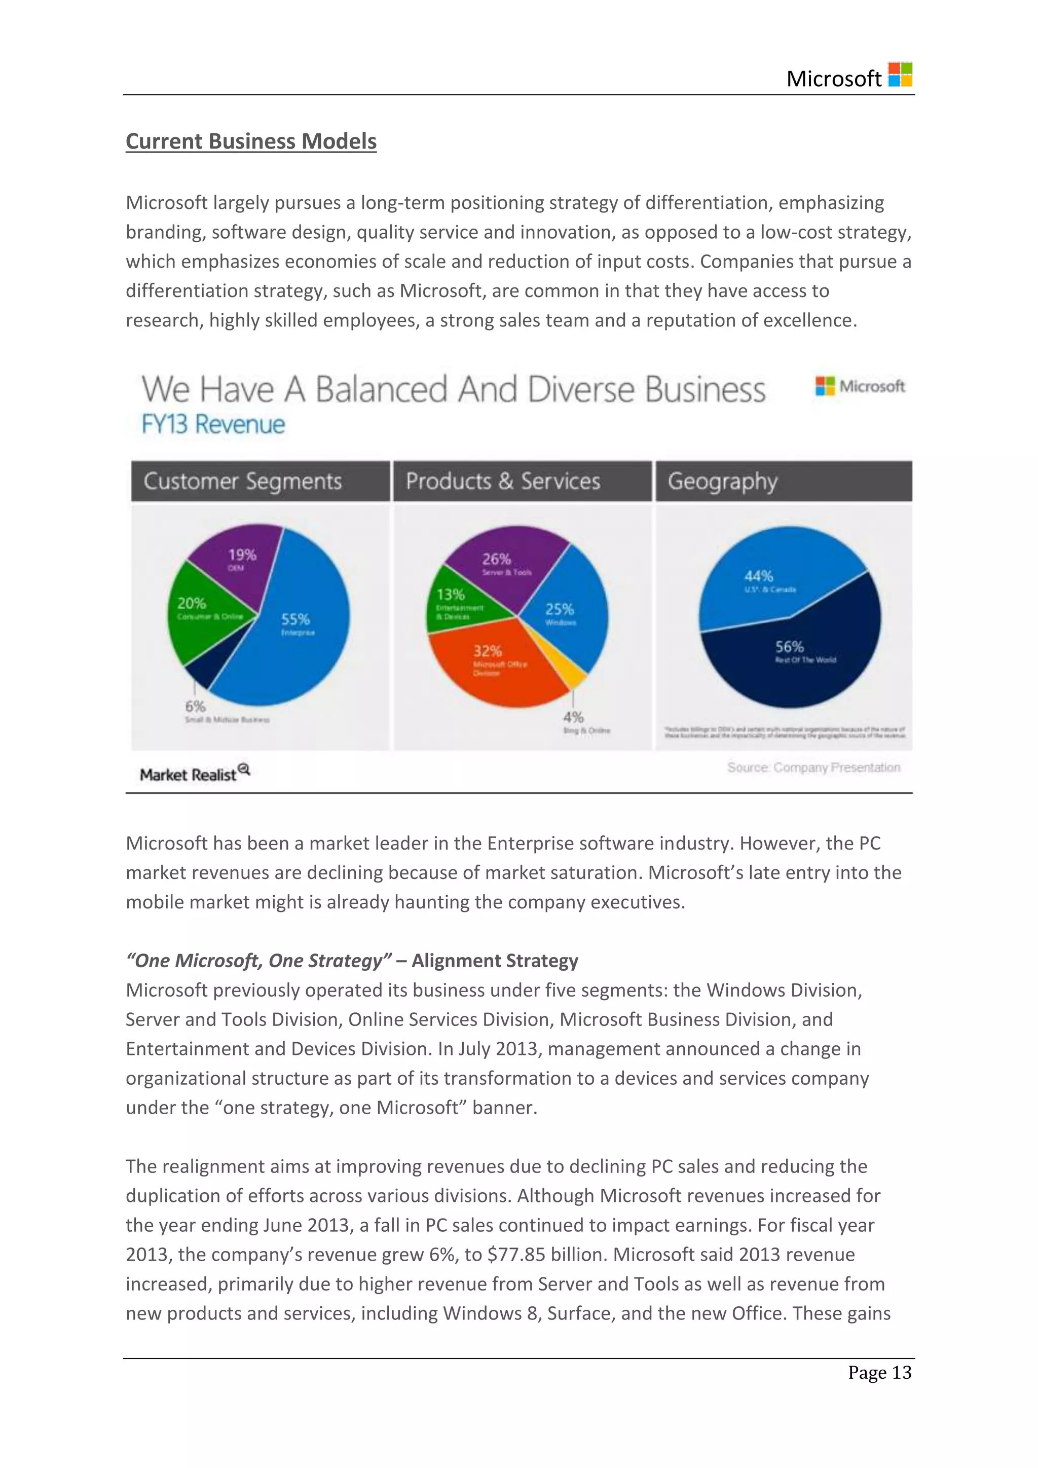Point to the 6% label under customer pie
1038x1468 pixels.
tap(195, 707)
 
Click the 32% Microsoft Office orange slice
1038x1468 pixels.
tap(492, 665)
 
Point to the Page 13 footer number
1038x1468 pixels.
tap(879, 1372)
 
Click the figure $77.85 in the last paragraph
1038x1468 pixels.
tap(516, 1255)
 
